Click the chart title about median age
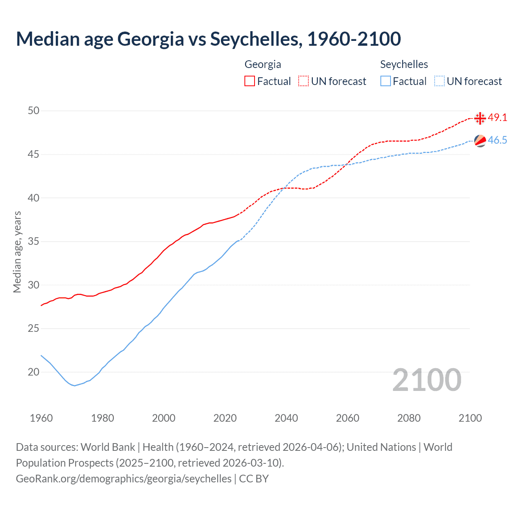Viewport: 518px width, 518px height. (208, 39)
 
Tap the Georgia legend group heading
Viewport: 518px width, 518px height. (263, 64)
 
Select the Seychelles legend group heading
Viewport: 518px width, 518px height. (404, 64)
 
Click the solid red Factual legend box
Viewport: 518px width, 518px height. (250, 81)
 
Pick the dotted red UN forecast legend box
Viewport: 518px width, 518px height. (304, 81)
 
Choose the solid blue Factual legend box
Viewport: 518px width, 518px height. (386, 81)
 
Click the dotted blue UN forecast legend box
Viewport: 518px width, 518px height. (439, 81)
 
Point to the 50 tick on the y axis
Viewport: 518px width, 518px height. (34, 111)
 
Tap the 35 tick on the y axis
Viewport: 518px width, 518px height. (34, 242)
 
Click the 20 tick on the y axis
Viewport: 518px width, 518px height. (34, 372)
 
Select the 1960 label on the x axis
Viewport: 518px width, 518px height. (41, 418)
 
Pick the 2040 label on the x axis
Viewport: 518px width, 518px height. (286, 418)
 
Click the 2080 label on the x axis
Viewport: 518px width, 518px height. (409, 418)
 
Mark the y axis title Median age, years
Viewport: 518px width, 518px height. (17, 252)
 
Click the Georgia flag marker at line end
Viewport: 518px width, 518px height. (480, 118)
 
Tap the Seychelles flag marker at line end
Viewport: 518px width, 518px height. (480, 141)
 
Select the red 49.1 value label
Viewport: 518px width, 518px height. (497, 118)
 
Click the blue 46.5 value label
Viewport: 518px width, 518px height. (497, 140)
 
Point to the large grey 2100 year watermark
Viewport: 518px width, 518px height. (427, 380)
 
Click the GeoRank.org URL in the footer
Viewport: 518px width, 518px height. (123, 479)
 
